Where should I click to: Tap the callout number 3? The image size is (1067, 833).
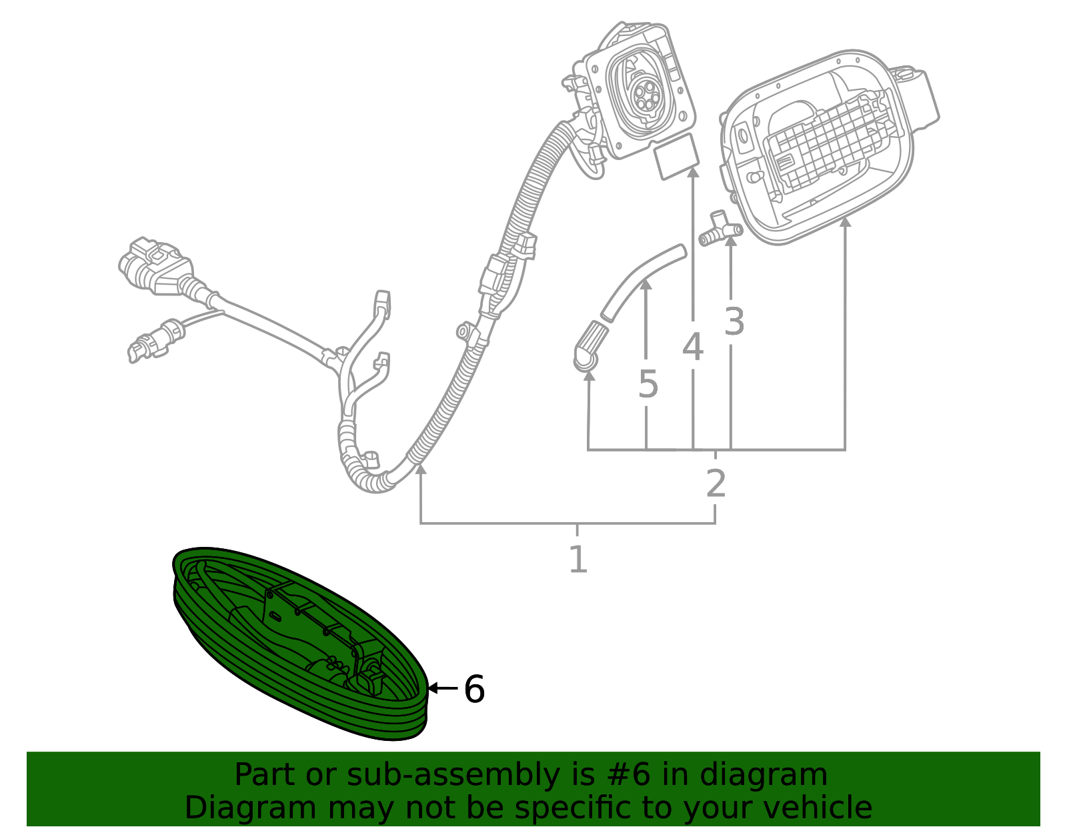tap(734, 321)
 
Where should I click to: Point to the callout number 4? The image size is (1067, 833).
tap(693, 347)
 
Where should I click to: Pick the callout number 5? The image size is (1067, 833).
tap(648, 384)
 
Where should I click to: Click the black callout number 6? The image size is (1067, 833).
tap(474, 689)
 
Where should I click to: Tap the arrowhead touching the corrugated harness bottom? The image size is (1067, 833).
tap(420, 470)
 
